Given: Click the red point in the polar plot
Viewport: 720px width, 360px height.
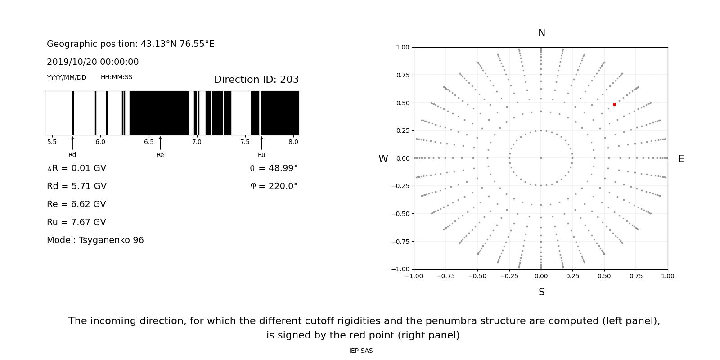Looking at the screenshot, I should click(614, 104).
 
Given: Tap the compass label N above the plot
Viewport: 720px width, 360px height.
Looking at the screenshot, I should click(541, 33).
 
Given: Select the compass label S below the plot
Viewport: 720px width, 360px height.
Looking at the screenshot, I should click(541, 292).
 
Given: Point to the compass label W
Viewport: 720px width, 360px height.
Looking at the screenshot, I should click(383, 159).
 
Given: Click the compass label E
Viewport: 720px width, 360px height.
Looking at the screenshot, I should click(681, 159).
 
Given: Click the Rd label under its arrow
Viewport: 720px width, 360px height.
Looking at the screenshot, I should click(72, 155).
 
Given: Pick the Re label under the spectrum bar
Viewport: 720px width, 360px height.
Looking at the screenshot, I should click(160, 155).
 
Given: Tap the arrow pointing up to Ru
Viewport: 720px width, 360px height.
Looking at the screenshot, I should click(261, 143).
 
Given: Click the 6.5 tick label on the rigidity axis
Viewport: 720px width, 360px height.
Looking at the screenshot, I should click(148, 142).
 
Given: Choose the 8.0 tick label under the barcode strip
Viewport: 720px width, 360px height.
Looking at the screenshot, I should click(293, 142).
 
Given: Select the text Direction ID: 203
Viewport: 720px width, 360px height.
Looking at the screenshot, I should click(256, 80).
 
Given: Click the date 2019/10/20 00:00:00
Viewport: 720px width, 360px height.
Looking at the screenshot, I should click(93, 62).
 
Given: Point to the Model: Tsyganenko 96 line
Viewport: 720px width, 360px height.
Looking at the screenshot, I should click(95, 240).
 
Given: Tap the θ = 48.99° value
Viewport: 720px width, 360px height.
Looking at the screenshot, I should click(274, 168).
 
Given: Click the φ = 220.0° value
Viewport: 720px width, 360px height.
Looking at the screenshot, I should click(274, 186).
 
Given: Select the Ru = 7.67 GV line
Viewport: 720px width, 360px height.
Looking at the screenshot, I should click(76, 222).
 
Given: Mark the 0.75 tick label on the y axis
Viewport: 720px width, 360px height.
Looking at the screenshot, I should click(402, 75).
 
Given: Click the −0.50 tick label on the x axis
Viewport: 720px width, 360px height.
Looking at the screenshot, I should click(477, 276).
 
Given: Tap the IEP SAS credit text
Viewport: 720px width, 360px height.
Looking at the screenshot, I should click(361, 351).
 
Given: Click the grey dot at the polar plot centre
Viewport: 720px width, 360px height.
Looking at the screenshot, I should click(541, 158).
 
